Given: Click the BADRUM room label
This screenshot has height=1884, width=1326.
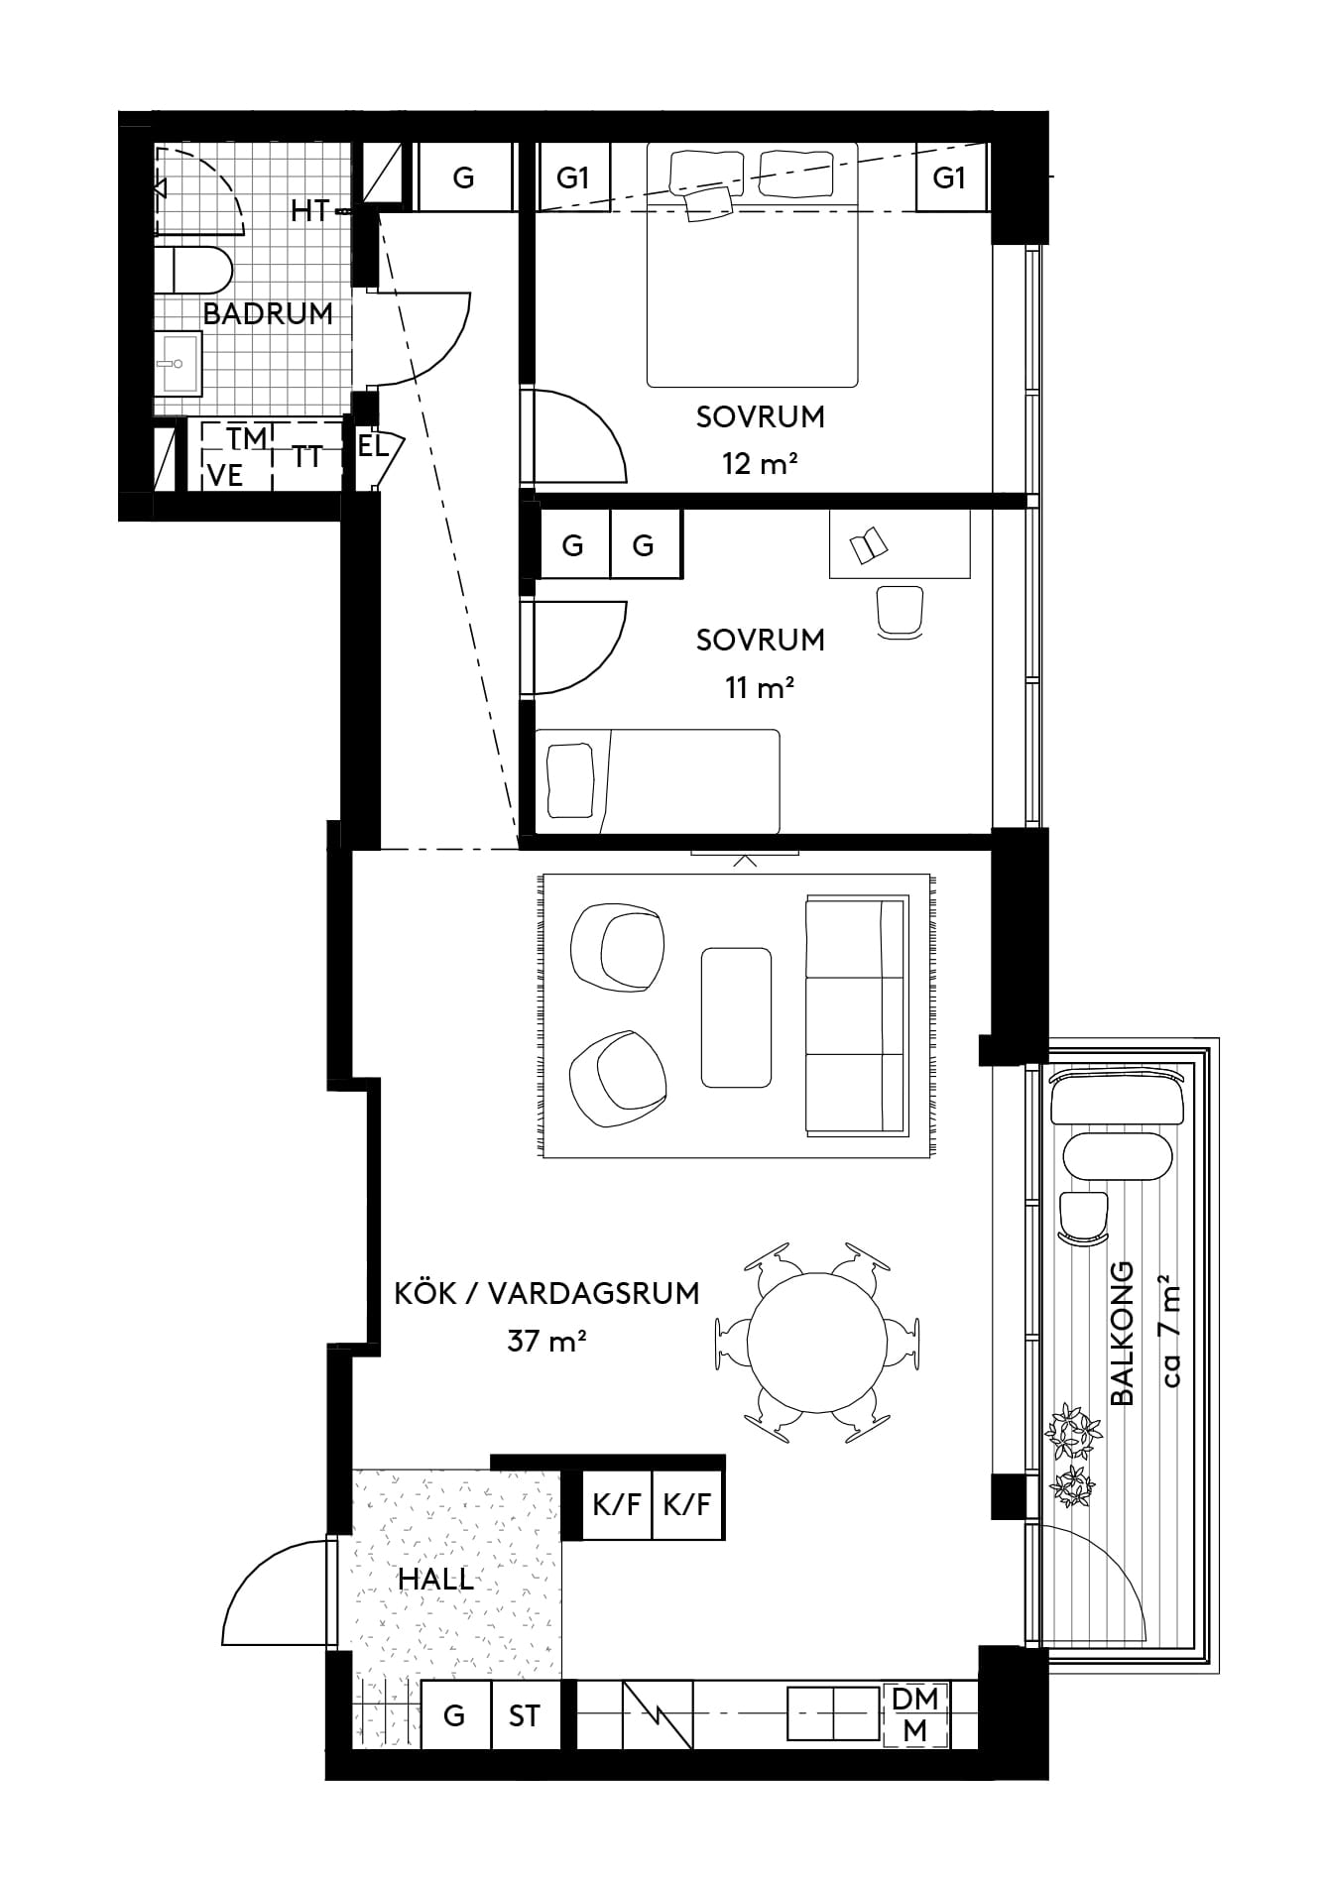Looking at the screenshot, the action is pyautogui.click(x=268, y=314).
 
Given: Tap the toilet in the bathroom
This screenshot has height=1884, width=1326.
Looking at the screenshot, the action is pyautogui.click(x=193, y=269).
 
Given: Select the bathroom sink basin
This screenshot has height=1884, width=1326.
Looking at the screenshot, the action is pyautogui.click(x=179, y=364).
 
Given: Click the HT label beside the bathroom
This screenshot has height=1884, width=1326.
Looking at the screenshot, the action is pyautogui.click(x=310, y=211).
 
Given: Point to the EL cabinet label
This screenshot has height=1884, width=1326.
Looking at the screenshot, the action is pyautogui.click(x=373, y=446).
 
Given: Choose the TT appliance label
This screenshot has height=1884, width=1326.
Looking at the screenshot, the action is pyautogui.click(x=307, y=457).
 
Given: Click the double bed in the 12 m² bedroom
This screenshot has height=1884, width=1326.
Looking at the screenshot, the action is pyautogui.click(x=752, y=265).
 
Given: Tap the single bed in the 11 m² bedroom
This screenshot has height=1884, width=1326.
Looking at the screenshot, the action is pyautogui.click(x=658, y=781).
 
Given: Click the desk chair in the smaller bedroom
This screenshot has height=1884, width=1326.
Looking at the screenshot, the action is pyautogui.click(x=901, y=612).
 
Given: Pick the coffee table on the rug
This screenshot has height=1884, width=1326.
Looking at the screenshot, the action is pyautogui.click(x=736, y=1017).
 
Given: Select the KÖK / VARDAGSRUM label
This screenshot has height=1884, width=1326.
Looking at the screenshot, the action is pyautogui.click(x=546, y=1294).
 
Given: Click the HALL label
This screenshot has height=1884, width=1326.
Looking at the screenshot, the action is pyautogui.click(x=435, y=1580).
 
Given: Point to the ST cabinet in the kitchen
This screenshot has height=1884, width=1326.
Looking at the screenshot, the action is pyautogui.click(x=525, y=1715).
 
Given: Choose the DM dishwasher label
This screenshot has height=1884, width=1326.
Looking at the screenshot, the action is pyautogui.click(x=915, y=1699).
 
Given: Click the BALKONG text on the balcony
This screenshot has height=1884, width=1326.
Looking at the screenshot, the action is pyautogui.click(x=1123, y=1334).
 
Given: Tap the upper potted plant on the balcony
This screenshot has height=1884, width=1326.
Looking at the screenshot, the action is pyautogui.click(x=1073, y=1431).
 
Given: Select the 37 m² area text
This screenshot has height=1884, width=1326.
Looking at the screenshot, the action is pyautogui.click(x=546, y=1342).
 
